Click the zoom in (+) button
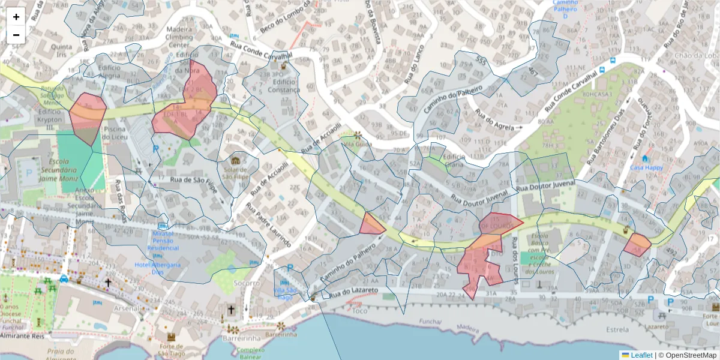pos(16,17)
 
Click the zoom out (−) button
pos(16,35)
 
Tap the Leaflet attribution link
pos(641,355)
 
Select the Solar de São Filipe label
pos(236,172)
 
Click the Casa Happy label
pos(646,167)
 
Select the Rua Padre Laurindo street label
pos(269,225)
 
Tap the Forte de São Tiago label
pos(171,349)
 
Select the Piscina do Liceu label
pos(114,133)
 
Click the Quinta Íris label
pos(62,49)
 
